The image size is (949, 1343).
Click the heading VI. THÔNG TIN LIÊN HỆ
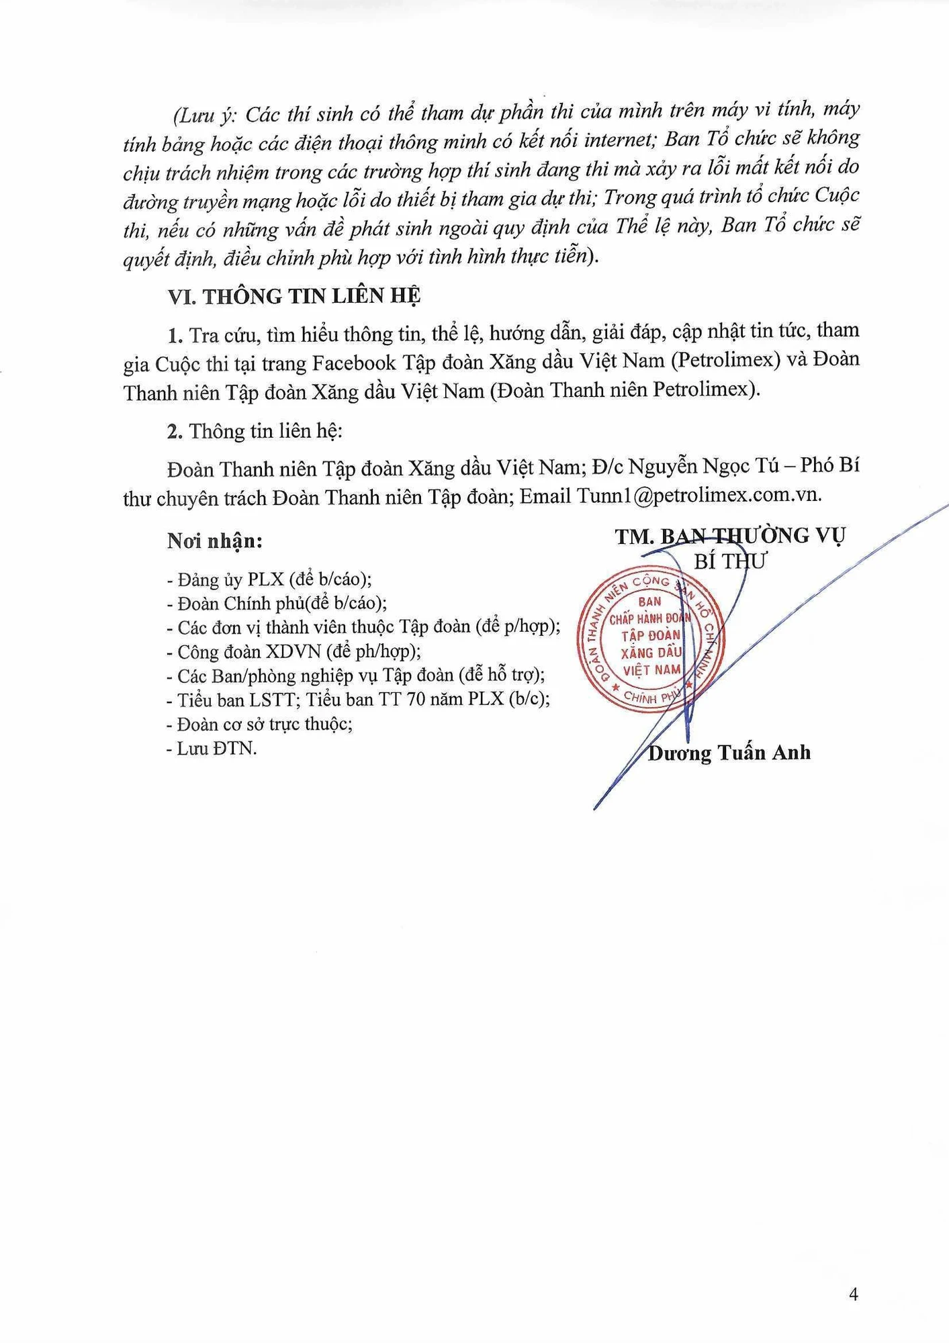294,297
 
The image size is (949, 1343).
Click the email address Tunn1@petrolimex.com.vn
698,496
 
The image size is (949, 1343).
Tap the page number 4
853,1295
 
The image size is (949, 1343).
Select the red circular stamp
649,639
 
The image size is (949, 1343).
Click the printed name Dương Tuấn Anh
729,753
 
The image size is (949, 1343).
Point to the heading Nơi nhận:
215,541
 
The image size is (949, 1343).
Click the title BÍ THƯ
730,561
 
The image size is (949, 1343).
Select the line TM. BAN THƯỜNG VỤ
730,536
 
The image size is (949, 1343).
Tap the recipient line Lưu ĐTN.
212,748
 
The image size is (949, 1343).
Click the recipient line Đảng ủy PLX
269,579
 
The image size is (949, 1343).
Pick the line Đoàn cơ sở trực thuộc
260,724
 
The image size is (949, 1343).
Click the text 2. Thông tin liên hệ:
255,431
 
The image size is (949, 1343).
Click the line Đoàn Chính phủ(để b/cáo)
277,603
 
